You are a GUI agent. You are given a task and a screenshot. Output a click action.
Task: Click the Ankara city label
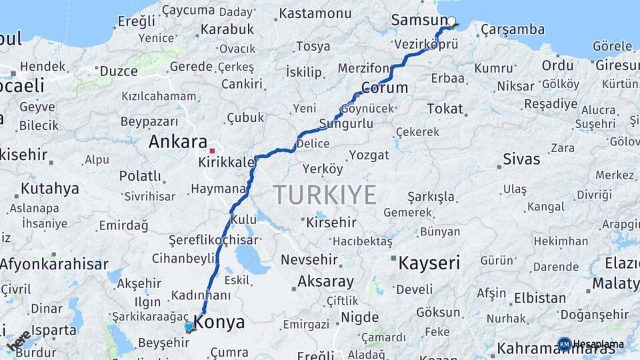pos(177,142)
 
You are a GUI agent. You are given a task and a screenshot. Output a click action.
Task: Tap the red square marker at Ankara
pos(212,151)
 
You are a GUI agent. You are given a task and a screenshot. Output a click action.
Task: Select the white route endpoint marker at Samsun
pos(451,21)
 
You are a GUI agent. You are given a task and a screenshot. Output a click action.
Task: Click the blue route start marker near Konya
pos(189,327)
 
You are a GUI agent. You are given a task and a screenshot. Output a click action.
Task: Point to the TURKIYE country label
pos(325,195)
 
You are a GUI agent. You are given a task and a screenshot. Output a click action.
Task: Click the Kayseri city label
pos(429,263)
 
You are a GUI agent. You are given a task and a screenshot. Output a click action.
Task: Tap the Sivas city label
pos(521,159)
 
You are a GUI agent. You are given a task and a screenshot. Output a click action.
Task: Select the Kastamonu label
pos(315,13)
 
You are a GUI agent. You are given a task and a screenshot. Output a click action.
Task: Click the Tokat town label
pos(445,108)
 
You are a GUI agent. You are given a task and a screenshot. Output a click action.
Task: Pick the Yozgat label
pos(369,155)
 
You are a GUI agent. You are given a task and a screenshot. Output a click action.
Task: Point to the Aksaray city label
pos(325,281)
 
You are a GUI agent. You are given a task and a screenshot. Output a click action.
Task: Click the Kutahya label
pos(49,188)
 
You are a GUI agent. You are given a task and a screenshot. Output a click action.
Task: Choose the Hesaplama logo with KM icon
pos(590,344)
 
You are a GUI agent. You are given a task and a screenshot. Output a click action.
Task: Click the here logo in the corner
pos(18,341)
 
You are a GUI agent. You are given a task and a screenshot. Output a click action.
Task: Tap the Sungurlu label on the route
pos(346,123)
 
